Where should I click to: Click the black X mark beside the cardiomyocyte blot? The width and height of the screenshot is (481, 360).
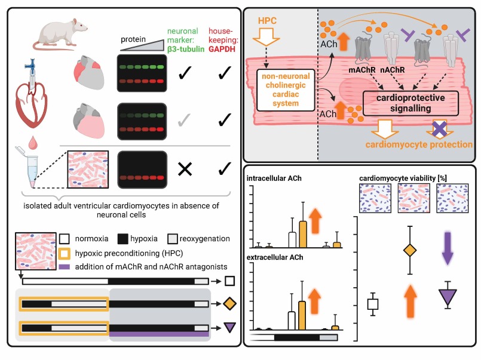185,169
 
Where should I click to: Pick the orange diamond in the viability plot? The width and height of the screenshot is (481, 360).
409,251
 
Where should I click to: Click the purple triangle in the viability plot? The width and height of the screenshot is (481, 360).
448,296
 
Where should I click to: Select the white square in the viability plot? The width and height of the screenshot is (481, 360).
372,304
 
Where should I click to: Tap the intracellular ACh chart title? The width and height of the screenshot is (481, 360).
275,177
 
